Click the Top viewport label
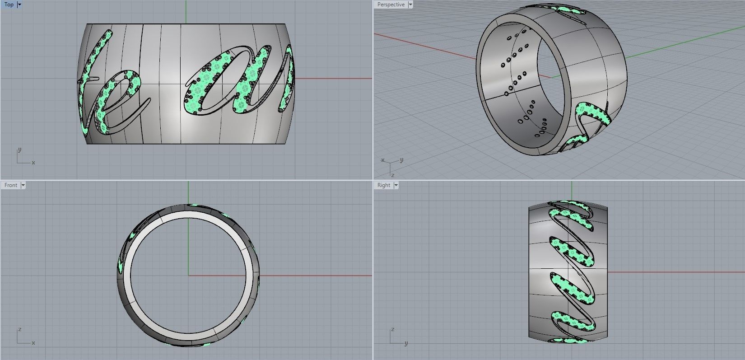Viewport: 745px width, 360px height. click(9, 5)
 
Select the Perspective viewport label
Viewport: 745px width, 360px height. click(391, 5)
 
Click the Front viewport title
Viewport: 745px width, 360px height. click(11, 185)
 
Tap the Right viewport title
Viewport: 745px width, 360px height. click(384, 185)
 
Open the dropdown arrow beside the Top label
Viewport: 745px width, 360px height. click(19, 5)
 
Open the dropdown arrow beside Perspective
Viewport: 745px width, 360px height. click(410, 5)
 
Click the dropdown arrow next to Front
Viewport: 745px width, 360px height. click(23, 185)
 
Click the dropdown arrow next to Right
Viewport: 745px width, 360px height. click(396, 185)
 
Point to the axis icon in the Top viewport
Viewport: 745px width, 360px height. click(23, 157)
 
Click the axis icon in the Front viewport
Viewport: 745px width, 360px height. click(23, 338)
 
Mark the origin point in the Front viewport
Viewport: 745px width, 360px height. click(188, 275)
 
